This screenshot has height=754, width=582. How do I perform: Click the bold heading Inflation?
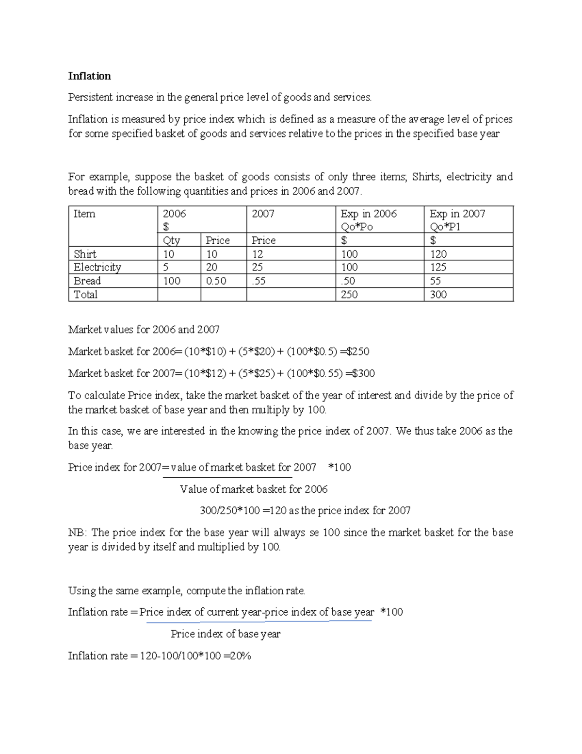[x=89, y=76]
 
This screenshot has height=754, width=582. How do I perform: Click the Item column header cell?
[x=84, y=214]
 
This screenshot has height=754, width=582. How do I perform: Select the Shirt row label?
[x=85, y=254]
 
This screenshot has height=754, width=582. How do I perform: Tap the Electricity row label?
[x=97, y=267]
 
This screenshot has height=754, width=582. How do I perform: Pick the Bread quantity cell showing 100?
[x=172, y=281]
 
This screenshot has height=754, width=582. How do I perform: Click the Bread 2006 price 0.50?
[x=216, y=281]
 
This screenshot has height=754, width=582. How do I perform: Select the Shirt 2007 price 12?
[x=258, y=254]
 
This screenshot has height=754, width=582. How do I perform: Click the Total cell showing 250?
[x=349, y=294]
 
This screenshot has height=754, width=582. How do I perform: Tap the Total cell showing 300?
[x=438, y=294]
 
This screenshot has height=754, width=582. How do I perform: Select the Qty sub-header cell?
[x=172, y=240]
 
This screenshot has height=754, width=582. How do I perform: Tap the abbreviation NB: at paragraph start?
[x=77, y=533]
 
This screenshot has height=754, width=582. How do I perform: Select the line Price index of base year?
[x=226, y=634]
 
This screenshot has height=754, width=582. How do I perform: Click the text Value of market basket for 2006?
[x=254, y=489]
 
